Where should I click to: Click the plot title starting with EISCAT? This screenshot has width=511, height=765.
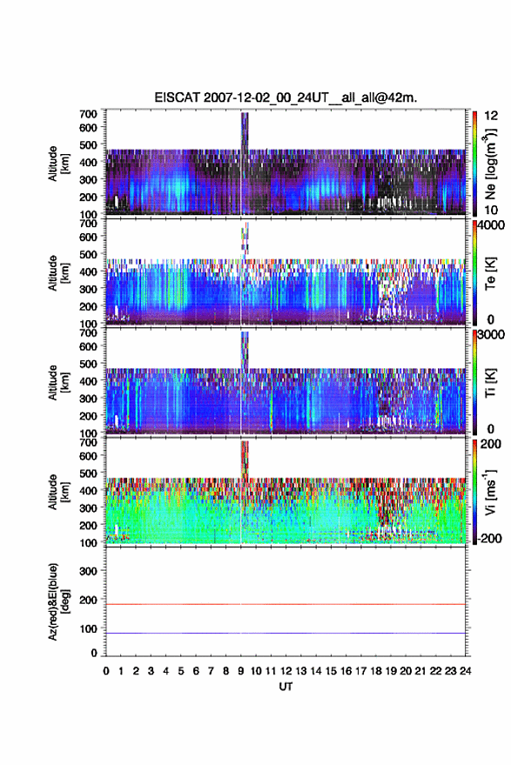(x=286, y=97)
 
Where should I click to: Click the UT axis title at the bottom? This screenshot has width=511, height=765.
(x=286, y=687)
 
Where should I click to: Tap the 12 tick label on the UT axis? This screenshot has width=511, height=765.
(x=286, y=671)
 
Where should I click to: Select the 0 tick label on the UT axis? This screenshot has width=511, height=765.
(x=106, y=671)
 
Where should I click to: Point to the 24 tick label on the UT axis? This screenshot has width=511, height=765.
(x=465, y=671)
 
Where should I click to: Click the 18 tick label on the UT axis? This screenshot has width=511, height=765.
(x=376, y=671)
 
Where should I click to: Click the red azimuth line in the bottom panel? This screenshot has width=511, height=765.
(x=286, y=604)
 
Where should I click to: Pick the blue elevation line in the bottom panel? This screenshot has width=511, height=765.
(x=286, y=633)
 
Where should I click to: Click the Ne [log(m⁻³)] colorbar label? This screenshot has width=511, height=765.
(x=490, y=164)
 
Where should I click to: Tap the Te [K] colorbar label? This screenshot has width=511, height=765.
(x=490, y=273)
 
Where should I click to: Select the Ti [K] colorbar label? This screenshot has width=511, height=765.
(x=490, y=383)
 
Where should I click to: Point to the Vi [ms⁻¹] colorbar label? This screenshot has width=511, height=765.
(x=490, y=493)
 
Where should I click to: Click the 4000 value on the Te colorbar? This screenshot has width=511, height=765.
(x=491, y=225)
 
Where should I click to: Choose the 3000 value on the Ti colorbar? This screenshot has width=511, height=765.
(x=491, y=335)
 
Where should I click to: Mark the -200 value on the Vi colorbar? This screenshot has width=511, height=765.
(x=490, y=539)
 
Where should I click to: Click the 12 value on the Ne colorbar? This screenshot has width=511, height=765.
(x=492, y=116)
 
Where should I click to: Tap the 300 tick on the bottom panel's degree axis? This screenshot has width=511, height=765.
(x=88, y=571)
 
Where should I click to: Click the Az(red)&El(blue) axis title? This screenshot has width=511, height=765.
(x=58, y=601)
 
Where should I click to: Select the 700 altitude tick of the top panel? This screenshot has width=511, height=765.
(x=88, y=114)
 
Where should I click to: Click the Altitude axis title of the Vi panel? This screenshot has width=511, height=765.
(x=58, y=492)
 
